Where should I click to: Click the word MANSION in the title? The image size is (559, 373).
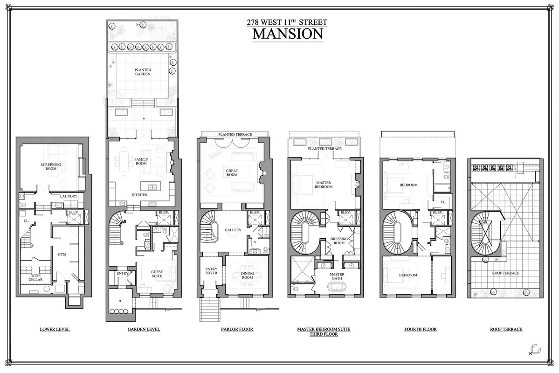point(288,34)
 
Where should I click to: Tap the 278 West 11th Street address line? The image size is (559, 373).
point(288,22)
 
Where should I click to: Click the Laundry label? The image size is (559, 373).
point(68,196)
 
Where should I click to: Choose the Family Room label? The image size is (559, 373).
point(141,161)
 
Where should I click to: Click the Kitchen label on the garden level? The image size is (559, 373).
point(139,194)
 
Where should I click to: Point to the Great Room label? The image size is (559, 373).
point(232,172)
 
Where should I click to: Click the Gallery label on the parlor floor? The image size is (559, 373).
point(233,230)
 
